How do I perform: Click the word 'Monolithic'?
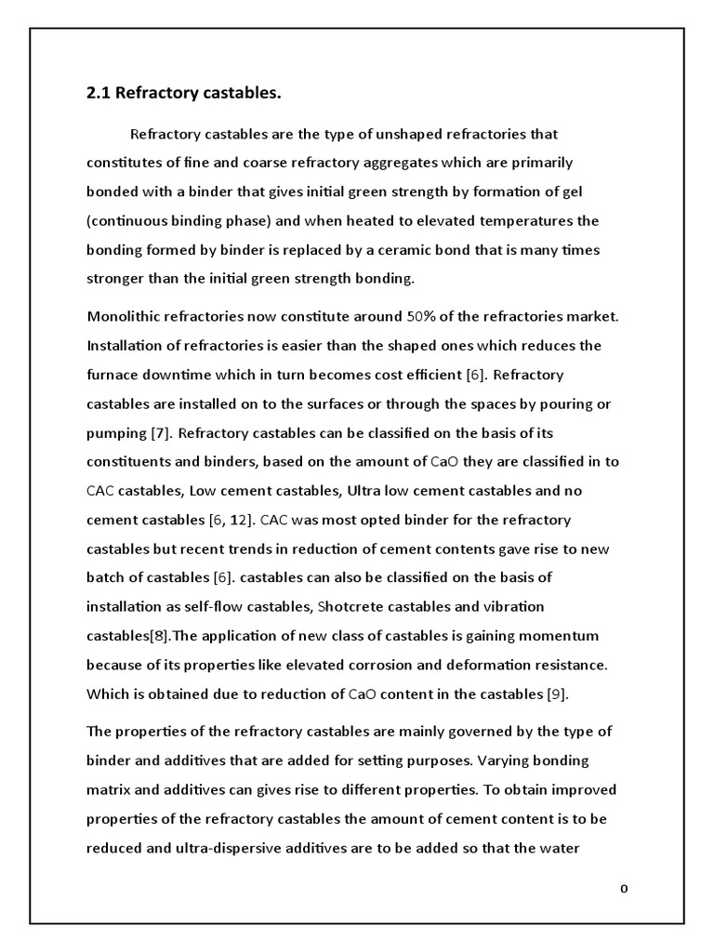click(123, 316)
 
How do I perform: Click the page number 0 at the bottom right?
click(625, 890)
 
